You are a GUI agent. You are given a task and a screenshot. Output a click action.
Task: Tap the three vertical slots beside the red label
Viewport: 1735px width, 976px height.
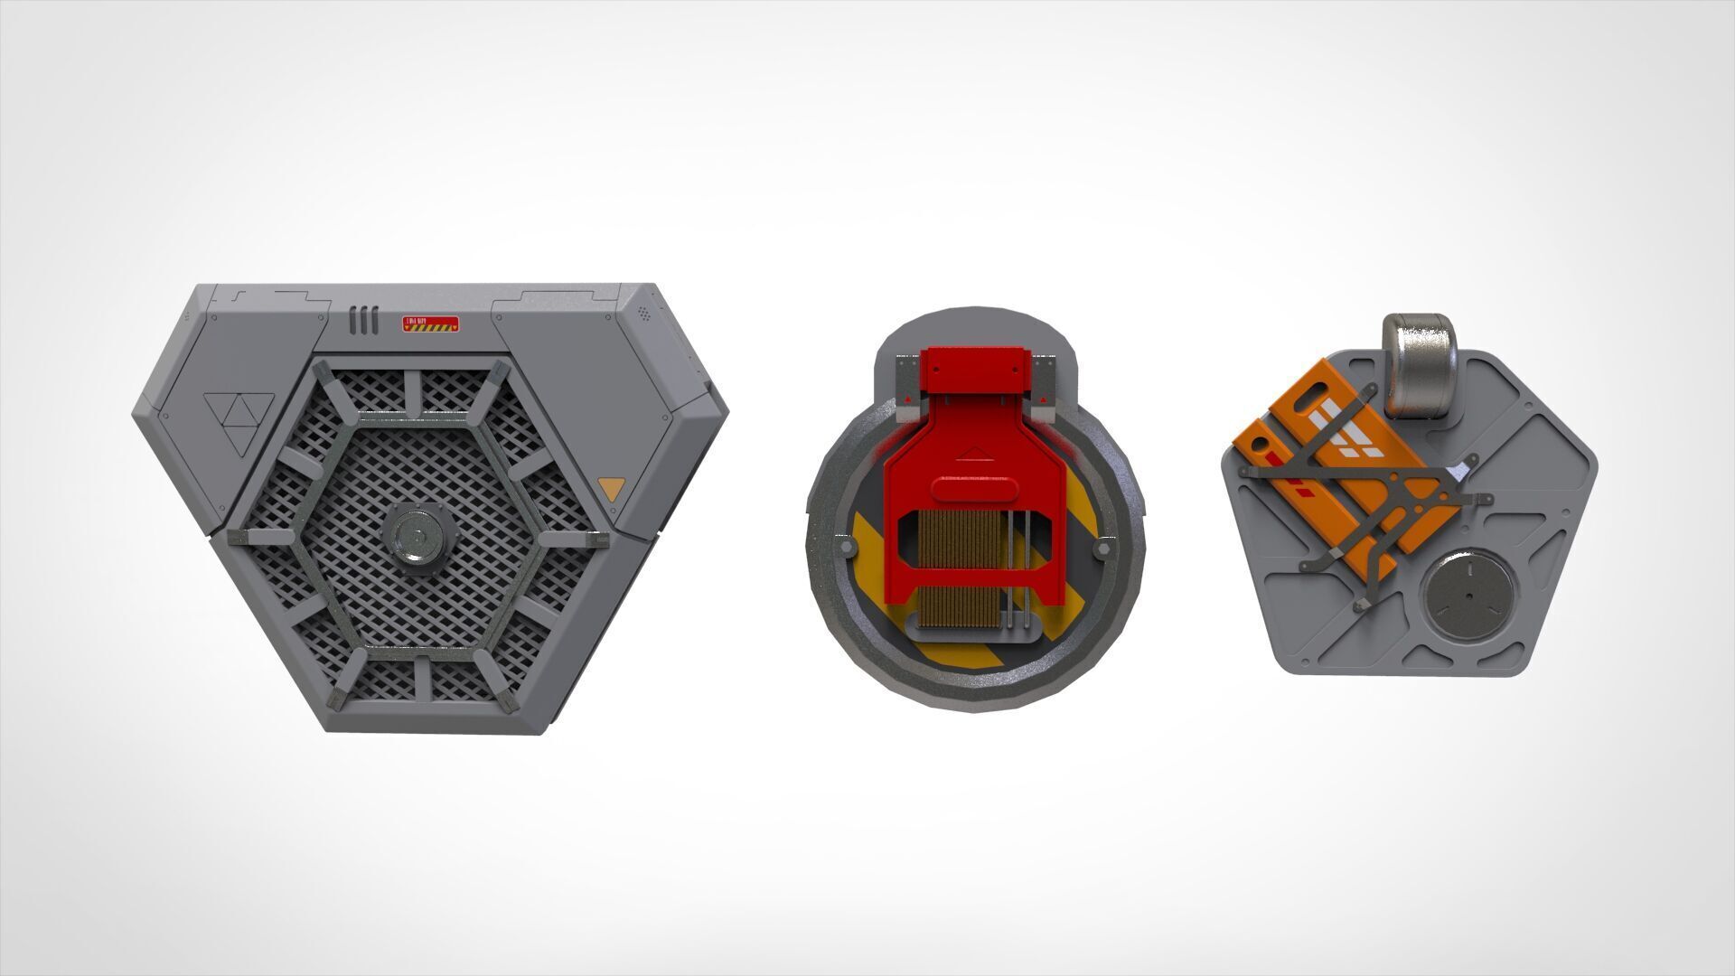coord(362,320)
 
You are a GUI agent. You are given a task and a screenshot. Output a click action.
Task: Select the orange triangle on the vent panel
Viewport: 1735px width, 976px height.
coord(611,489)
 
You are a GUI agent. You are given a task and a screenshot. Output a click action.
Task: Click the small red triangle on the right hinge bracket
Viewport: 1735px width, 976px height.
coord(1043,399)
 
